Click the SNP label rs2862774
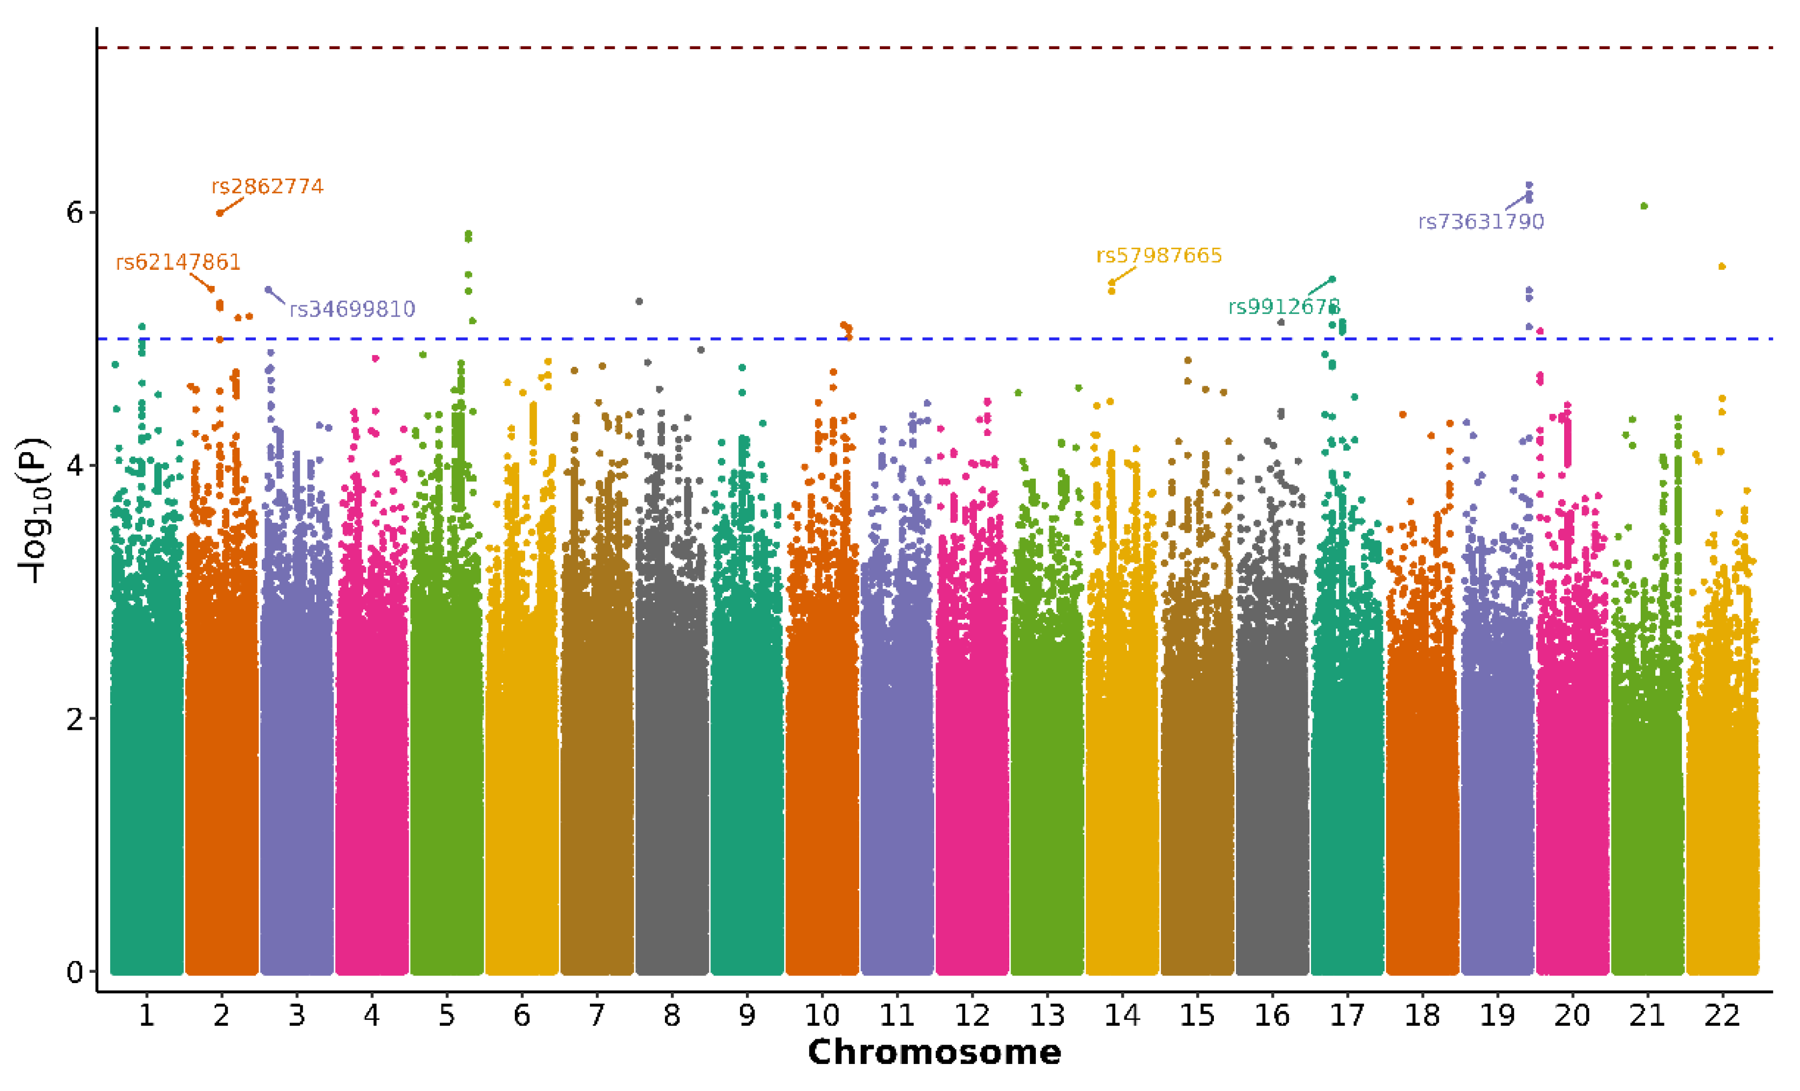(267, 187)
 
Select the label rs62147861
(178, 262)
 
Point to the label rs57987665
(1159, 256)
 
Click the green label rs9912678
(1283, 306)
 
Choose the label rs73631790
(1481, 222)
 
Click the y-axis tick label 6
(75, 213)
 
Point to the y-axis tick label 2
(75, 719)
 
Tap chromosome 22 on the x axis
(1722, 1015)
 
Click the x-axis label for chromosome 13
(1047, 1015)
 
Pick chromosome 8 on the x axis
(671, 1015)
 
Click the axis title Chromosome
(934, 1052)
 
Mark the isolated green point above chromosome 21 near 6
(1643, 206)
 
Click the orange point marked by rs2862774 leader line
(220, 213)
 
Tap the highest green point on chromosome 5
(468, 234)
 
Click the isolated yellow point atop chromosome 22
(1722, 267)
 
